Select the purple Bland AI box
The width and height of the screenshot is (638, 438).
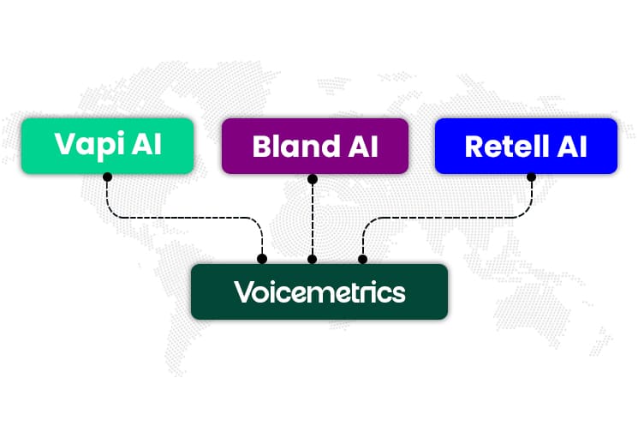click(314, 147)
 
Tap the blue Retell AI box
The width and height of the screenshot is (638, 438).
click(526, 146)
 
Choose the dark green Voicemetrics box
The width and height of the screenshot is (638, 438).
click(319, 291)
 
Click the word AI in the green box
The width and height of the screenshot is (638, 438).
click(146, 143)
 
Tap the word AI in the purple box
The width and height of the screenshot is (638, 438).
click(361, 147)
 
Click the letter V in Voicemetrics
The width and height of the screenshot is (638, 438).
click(242, 292)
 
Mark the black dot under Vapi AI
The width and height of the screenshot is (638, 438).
click(107, 177)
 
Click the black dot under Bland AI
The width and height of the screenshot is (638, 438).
click(313, 179)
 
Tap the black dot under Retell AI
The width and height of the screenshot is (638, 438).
click(531, 177)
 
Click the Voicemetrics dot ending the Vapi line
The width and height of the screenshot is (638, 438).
click(262, 259)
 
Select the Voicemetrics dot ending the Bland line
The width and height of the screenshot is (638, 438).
click(313, 259)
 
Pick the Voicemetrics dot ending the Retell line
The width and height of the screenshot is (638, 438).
click(362, 259)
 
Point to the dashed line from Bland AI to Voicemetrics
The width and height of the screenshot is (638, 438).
click(313, 219)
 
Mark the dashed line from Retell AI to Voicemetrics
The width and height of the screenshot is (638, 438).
click(445, 218)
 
